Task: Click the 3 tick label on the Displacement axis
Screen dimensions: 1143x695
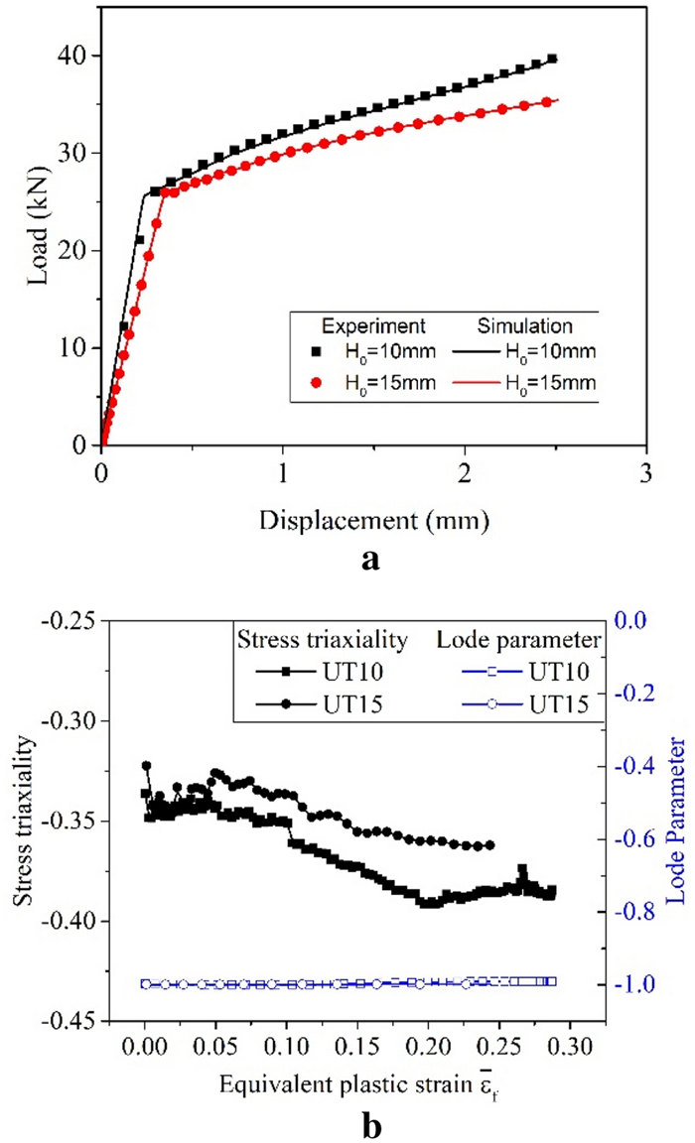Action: point(647,472)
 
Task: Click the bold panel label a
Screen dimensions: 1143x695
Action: point(371,561)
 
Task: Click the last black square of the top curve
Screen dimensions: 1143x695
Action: point(552,60)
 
